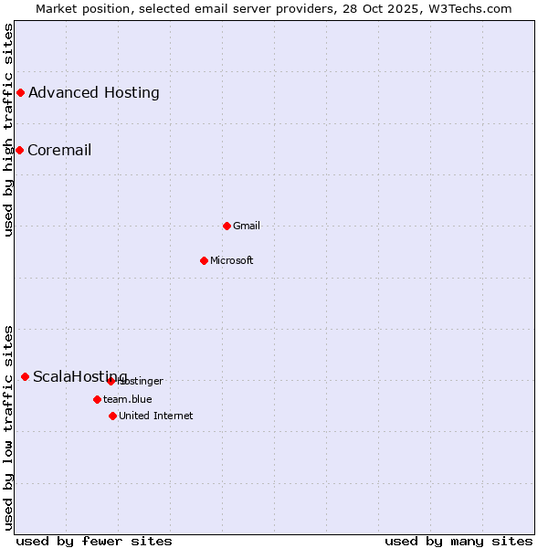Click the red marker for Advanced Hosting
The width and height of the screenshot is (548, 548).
20,92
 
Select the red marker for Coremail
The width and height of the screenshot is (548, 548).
19,150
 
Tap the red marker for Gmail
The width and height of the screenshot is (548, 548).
227,226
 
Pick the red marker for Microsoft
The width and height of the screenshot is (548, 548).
204,260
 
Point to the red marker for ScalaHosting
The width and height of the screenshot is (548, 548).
25,376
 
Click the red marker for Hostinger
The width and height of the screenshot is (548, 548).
111,381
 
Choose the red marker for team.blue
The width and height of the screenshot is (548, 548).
97,399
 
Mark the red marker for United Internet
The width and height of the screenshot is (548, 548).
112,416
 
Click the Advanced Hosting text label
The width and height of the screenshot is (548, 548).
94,92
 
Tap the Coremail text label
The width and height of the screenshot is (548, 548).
59,150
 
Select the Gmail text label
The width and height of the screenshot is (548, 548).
247,226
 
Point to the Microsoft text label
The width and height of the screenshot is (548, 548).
232,260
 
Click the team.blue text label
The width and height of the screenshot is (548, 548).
128,399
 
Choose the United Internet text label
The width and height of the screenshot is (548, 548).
156,416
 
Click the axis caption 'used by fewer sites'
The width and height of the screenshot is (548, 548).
94,541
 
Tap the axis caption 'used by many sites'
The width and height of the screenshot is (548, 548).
458,541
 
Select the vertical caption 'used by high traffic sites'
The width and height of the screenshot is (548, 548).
8,130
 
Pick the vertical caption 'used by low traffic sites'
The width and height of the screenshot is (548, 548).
8,427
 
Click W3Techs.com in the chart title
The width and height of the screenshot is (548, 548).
472,8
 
